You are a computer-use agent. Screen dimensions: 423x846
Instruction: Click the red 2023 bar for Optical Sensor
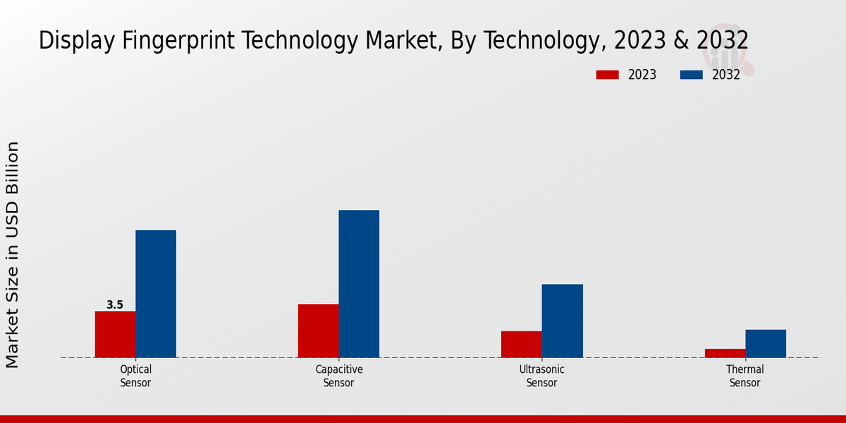(x=115, y=334)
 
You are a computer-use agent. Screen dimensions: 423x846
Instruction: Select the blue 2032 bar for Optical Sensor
(x=156, y=293)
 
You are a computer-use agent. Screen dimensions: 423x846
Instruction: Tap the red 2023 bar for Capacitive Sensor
(x=318, y=331)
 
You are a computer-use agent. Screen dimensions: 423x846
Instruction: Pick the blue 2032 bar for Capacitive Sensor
(x=359, y=283)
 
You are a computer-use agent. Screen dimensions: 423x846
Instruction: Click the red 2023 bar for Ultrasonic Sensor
(x=522, y=344)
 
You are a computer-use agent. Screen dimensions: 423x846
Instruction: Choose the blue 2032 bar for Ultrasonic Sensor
(x=563, y=321)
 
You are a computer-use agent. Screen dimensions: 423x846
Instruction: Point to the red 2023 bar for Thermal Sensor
(x=725, y=352)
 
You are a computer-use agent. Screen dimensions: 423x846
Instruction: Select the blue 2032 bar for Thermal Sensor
(x=766, y=343)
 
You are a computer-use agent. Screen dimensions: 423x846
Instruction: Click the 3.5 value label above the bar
(x=115, y=305)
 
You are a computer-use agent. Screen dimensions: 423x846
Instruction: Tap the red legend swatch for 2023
(x=607, y=75)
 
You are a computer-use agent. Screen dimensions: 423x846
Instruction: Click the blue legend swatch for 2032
(x=692, y=75)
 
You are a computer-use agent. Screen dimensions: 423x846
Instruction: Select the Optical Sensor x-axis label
(x=135, y=376)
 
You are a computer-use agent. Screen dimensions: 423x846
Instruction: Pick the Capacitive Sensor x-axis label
(x=338, y=376)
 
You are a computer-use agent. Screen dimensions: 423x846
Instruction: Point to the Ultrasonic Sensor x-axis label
(x=542, y=376)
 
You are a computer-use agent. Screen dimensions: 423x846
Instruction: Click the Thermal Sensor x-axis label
(x=745, y=376)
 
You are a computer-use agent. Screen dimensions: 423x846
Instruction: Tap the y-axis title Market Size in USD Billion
(x=13, y=255)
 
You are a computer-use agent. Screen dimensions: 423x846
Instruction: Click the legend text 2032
(x=726, y=75)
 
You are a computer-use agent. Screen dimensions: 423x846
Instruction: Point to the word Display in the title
(x=75, y=41)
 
